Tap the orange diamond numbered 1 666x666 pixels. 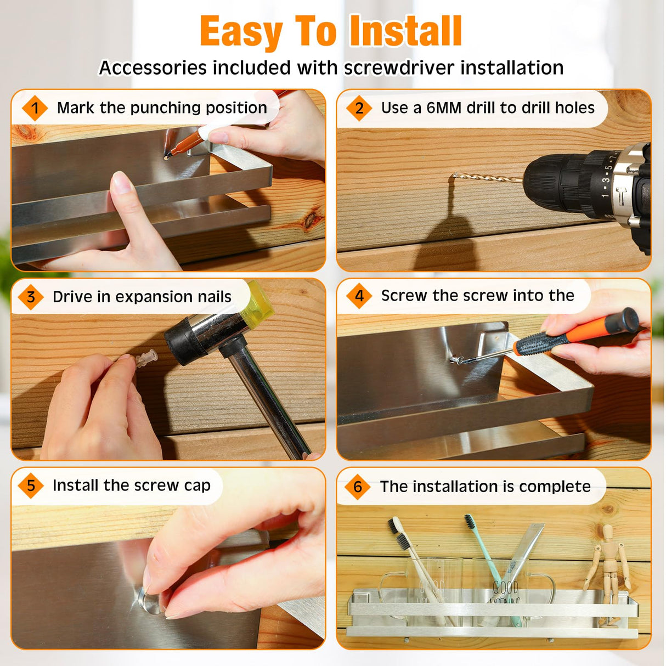point(35,108)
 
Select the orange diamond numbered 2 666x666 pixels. point(359,108)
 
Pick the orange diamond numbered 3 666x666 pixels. point(31,297)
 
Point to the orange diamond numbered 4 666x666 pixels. point(359,296)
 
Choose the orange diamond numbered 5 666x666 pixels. point(31,486)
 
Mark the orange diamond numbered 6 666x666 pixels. point(358,487)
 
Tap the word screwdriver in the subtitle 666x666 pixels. point(399,67)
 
